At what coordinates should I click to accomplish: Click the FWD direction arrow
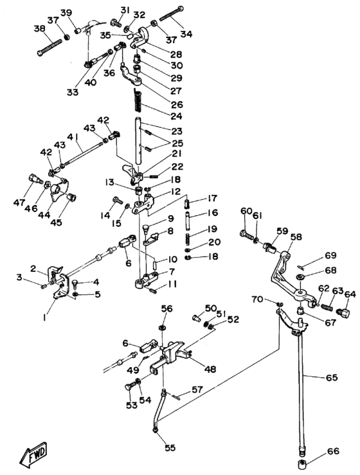pyautogui.click(x=33, y=454)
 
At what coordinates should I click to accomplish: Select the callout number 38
pyautogui.click(x=39, y=29)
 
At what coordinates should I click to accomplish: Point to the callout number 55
pyautogui.click(x=170, y=447)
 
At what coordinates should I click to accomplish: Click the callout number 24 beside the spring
pyautogui.click(x=175, y=116)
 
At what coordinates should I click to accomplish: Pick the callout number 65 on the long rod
pyautogui.click(x=331, y=377)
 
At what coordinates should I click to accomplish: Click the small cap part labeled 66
pyautogui.click(x=301, y=463)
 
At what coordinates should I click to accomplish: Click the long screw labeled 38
pyautogui.click(x=50, y=48)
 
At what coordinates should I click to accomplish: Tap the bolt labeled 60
pyautogui.click(x=246, y=235)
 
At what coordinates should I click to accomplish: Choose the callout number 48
pyautogui.click(x=210, y=370)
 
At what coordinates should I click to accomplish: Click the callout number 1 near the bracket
pyautogui.click(x=44, y=318)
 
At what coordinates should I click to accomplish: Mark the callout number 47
pyautogui.click(x=19, y=203)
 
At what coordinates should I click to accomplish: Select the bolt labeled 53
pyautogui.click(x=130, y=388)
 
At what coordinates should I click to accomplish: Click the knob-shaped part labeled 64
pyautogui.click(x=344, y=312)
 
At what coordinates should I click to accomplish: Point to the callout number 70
pyautogui.click(x=258, y=300)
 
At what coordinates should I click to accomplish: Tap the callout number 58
pyautogui.click(x=296, y=237)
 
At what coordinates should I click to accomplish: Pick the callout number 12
pyautogui.click(x=175, y=192)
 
